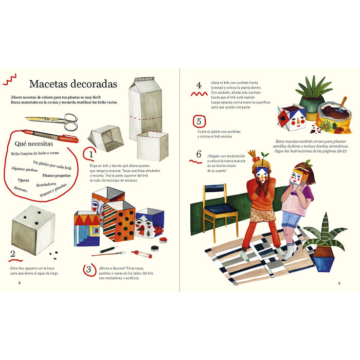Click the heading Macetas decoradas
tap(73, 84)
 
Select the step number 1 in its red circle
tap(91, 153)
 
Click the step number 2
tap(13, 254)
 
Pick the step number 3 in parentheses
tap(88, 269)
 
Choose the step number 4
tap(199, 85)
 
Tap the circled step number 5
tap(199, 122)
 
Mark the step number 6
tap(199, 153)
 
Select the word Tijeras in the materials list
tap(24, 181)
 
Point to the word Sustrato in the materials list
tap(21, 189)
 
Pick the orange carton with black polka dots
tap(119, 219)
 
